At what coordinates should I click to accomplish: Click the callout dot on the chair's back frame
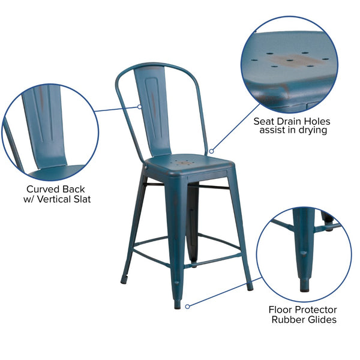[140, 107]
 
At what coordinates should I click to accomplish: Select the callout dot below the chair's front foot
[187, 306]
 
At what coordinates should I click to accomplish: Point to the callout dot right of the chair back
[210, 151]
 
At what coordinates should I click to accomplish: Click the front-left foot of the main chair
[125, 278]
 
